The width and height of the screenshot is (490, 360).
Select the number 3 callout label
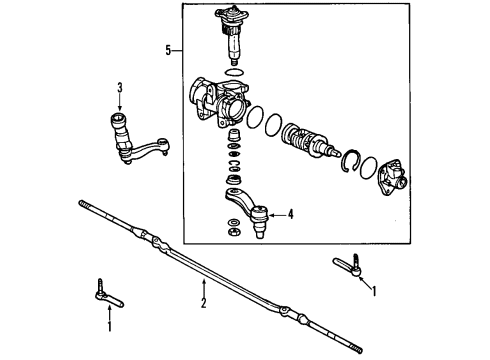tap(119, 88)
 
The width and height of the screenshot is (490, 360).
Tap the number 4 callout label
tap(291, 213)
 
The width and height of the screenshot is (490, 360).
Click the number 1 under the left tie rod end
tap(109, 327)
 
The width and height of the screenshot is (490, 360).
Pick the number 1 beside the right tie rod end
tap(375, 292)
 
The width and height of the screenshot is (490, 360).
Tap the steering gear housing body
tap(221, 101)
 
